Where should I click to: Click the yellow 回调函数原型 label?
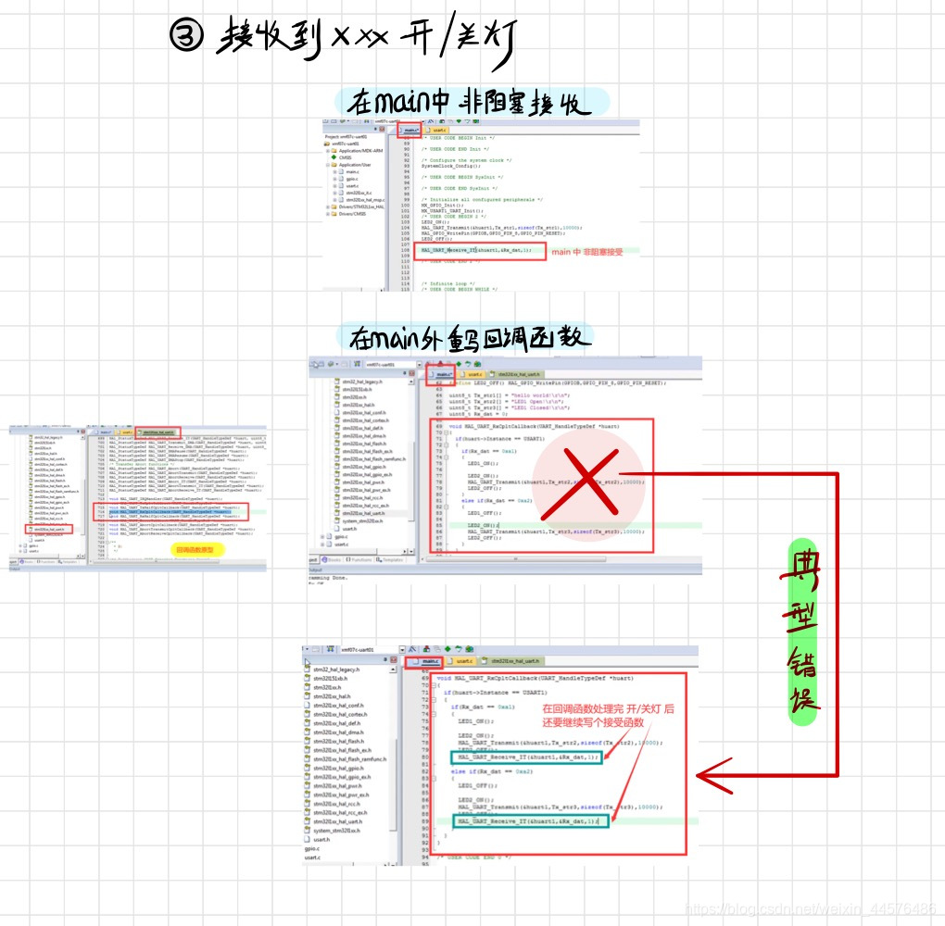(200, 550)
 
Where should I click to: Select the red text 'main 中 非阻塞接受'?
(588, 252)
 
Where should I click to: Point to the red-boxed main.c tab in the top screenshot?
(410, 131)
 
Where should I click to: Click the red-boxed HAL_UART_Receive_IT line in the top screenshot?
(483, 250)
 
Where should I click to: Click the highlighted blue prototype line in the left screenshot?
(176, 511)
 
